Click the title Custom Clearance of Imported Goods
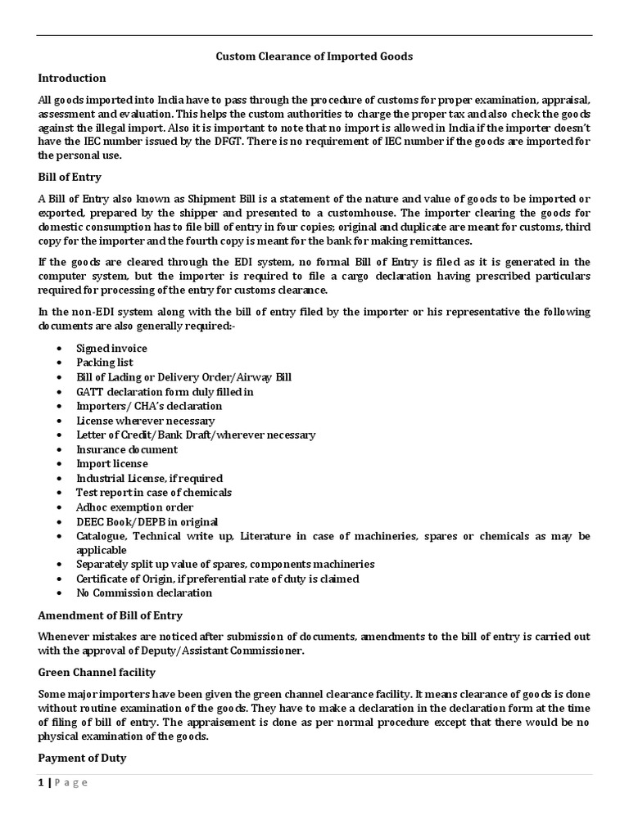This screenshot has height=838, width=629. click(x=314, y=56)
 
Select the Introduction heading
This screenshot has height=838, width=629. click(x=72, y=79)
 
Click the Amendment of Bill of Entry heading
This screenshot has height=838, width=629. click(x=111, y=615)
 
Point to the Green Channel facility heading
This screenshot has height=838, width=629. click(x=97, y=673)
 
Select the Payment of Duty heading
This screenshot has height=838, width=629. click(x=82, y=758)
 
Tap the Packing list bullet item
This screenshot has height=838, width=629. click(x=105, y=363)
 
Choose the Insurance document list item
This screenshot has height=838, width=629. click(x=127, y=449)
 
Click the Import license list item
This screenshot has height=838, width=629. click(x=112, y=463)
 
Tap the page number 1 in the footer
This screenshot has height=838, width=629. click(x=41, y=782)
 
